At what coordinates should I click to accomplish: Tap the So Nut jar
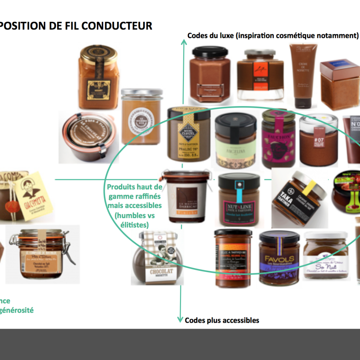pyautogui.click(x=325, y=255)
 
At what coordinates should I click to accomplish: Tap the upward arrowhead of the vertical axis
pyautogui.click(x=183, y=43)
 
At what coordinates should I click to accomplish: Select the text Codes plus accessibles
pyautogui.click(x=222, y=320)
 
